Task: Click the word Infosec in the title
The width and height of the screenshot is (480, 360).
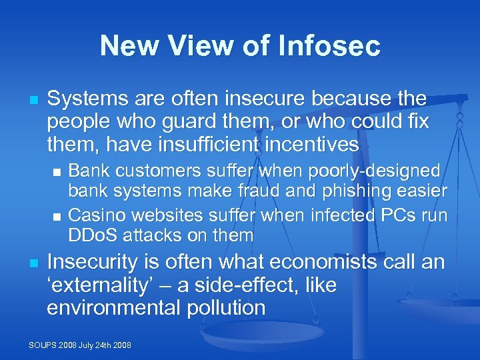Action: pyautogui.click(x=328, y=46)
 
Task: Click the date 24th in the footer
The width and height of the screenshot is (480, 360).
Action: pyautogui.click(x=105, y=345)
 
